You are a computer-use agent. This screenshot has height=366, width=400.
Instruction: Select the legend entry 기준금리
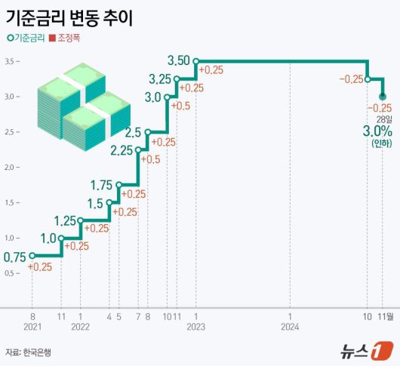pos(24,38)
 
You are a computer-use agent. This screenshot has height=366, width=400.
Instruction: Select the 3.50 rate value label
pos(180,60)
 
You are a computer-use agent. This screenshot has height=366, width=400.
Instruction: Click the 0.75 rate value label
pos(15,257)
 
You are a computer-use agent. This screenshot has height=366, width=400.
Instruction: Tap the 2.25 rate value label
pos(121,150)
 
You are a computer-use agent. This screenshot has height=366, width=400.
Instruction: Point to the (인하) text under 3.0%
pos(381,145)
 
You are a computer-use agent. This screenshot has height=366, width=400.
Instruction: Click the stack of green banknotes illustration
pos(83,106)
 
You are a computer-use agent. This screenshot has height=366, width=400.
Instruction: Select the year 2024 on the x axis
pos(290,328)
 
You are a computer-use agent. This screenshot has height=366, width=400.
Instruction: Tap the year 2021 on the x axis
pos(32,328)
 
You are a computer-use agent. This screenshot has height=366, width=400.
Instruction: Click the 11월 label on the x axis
pos(385,316)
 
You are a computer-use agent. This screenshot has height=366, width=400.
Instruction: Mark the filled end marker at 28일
pos(383,97)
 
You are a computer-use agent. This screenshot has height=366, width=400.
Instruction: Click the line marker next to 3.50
pos(195,61)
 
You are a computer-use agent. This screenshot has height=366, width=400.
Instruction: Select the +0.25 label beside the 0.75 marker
pos(40,266)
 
